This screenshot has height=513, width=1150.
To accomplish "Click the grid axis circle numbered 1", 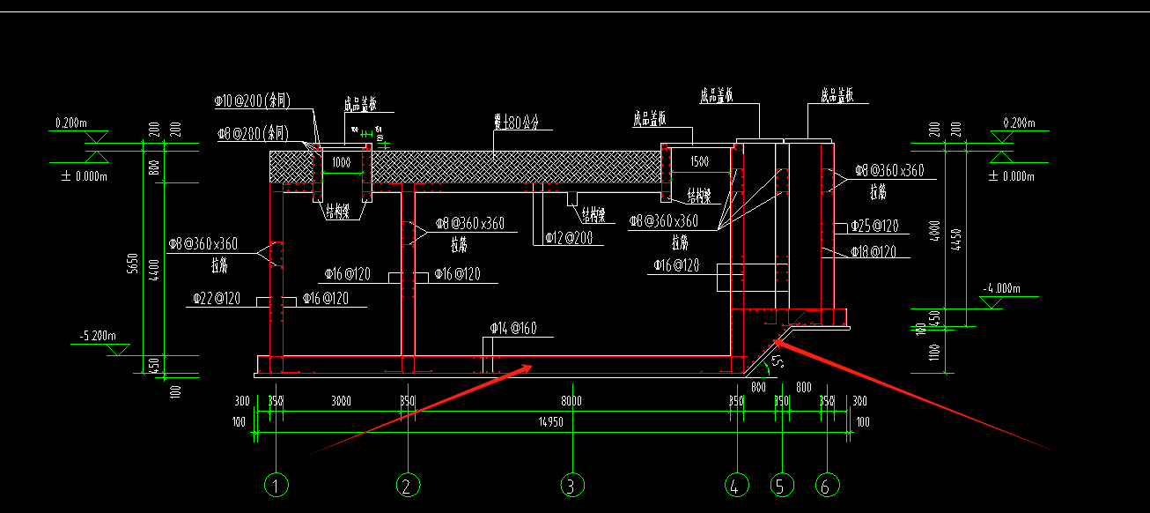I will tap(277, 485).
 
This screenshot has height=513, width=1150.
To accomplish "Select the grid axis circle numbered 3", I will tap(572, 485).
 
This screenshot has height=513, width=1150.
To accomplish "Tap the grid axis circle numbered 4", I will tap(736, 485).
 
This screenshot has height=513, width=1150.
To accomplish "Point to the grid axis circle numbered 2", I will tap(407, 485).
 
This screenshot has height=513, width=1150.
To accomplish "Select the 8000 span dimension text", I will tap(572, 401).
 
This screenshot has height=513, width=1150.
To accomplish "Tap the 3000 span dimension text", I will tap(341, 401).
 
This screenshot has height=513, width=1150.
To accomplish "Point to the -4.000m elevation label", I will tap(1002, 288).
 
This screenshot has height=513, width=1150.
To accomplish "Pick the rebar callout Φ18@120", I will tap(874, 251).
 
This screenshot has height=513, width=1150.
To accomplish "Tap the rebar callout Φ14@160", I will tap(514, 329).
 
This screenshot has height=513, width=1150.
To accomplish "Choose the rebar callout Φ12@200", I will tap(568, 237).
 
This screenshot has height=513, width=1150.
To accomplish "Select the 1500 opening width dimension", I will tap(699, 162).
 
